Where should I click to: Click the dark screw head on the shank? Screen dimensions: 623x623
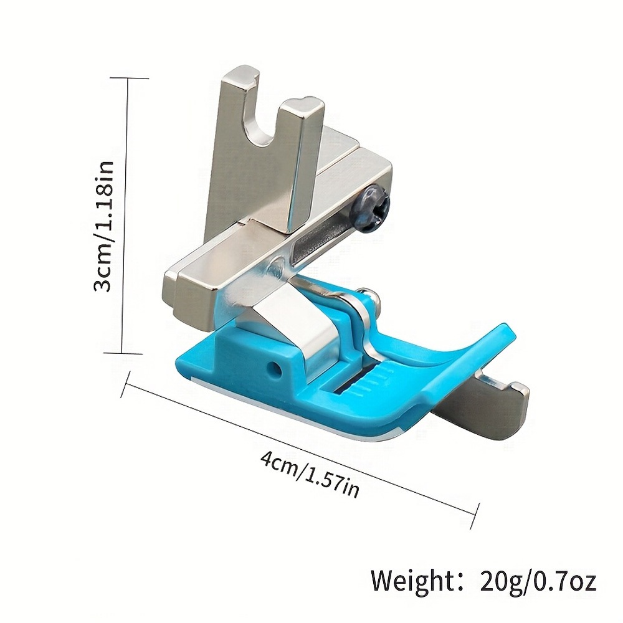click(373, 207)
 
